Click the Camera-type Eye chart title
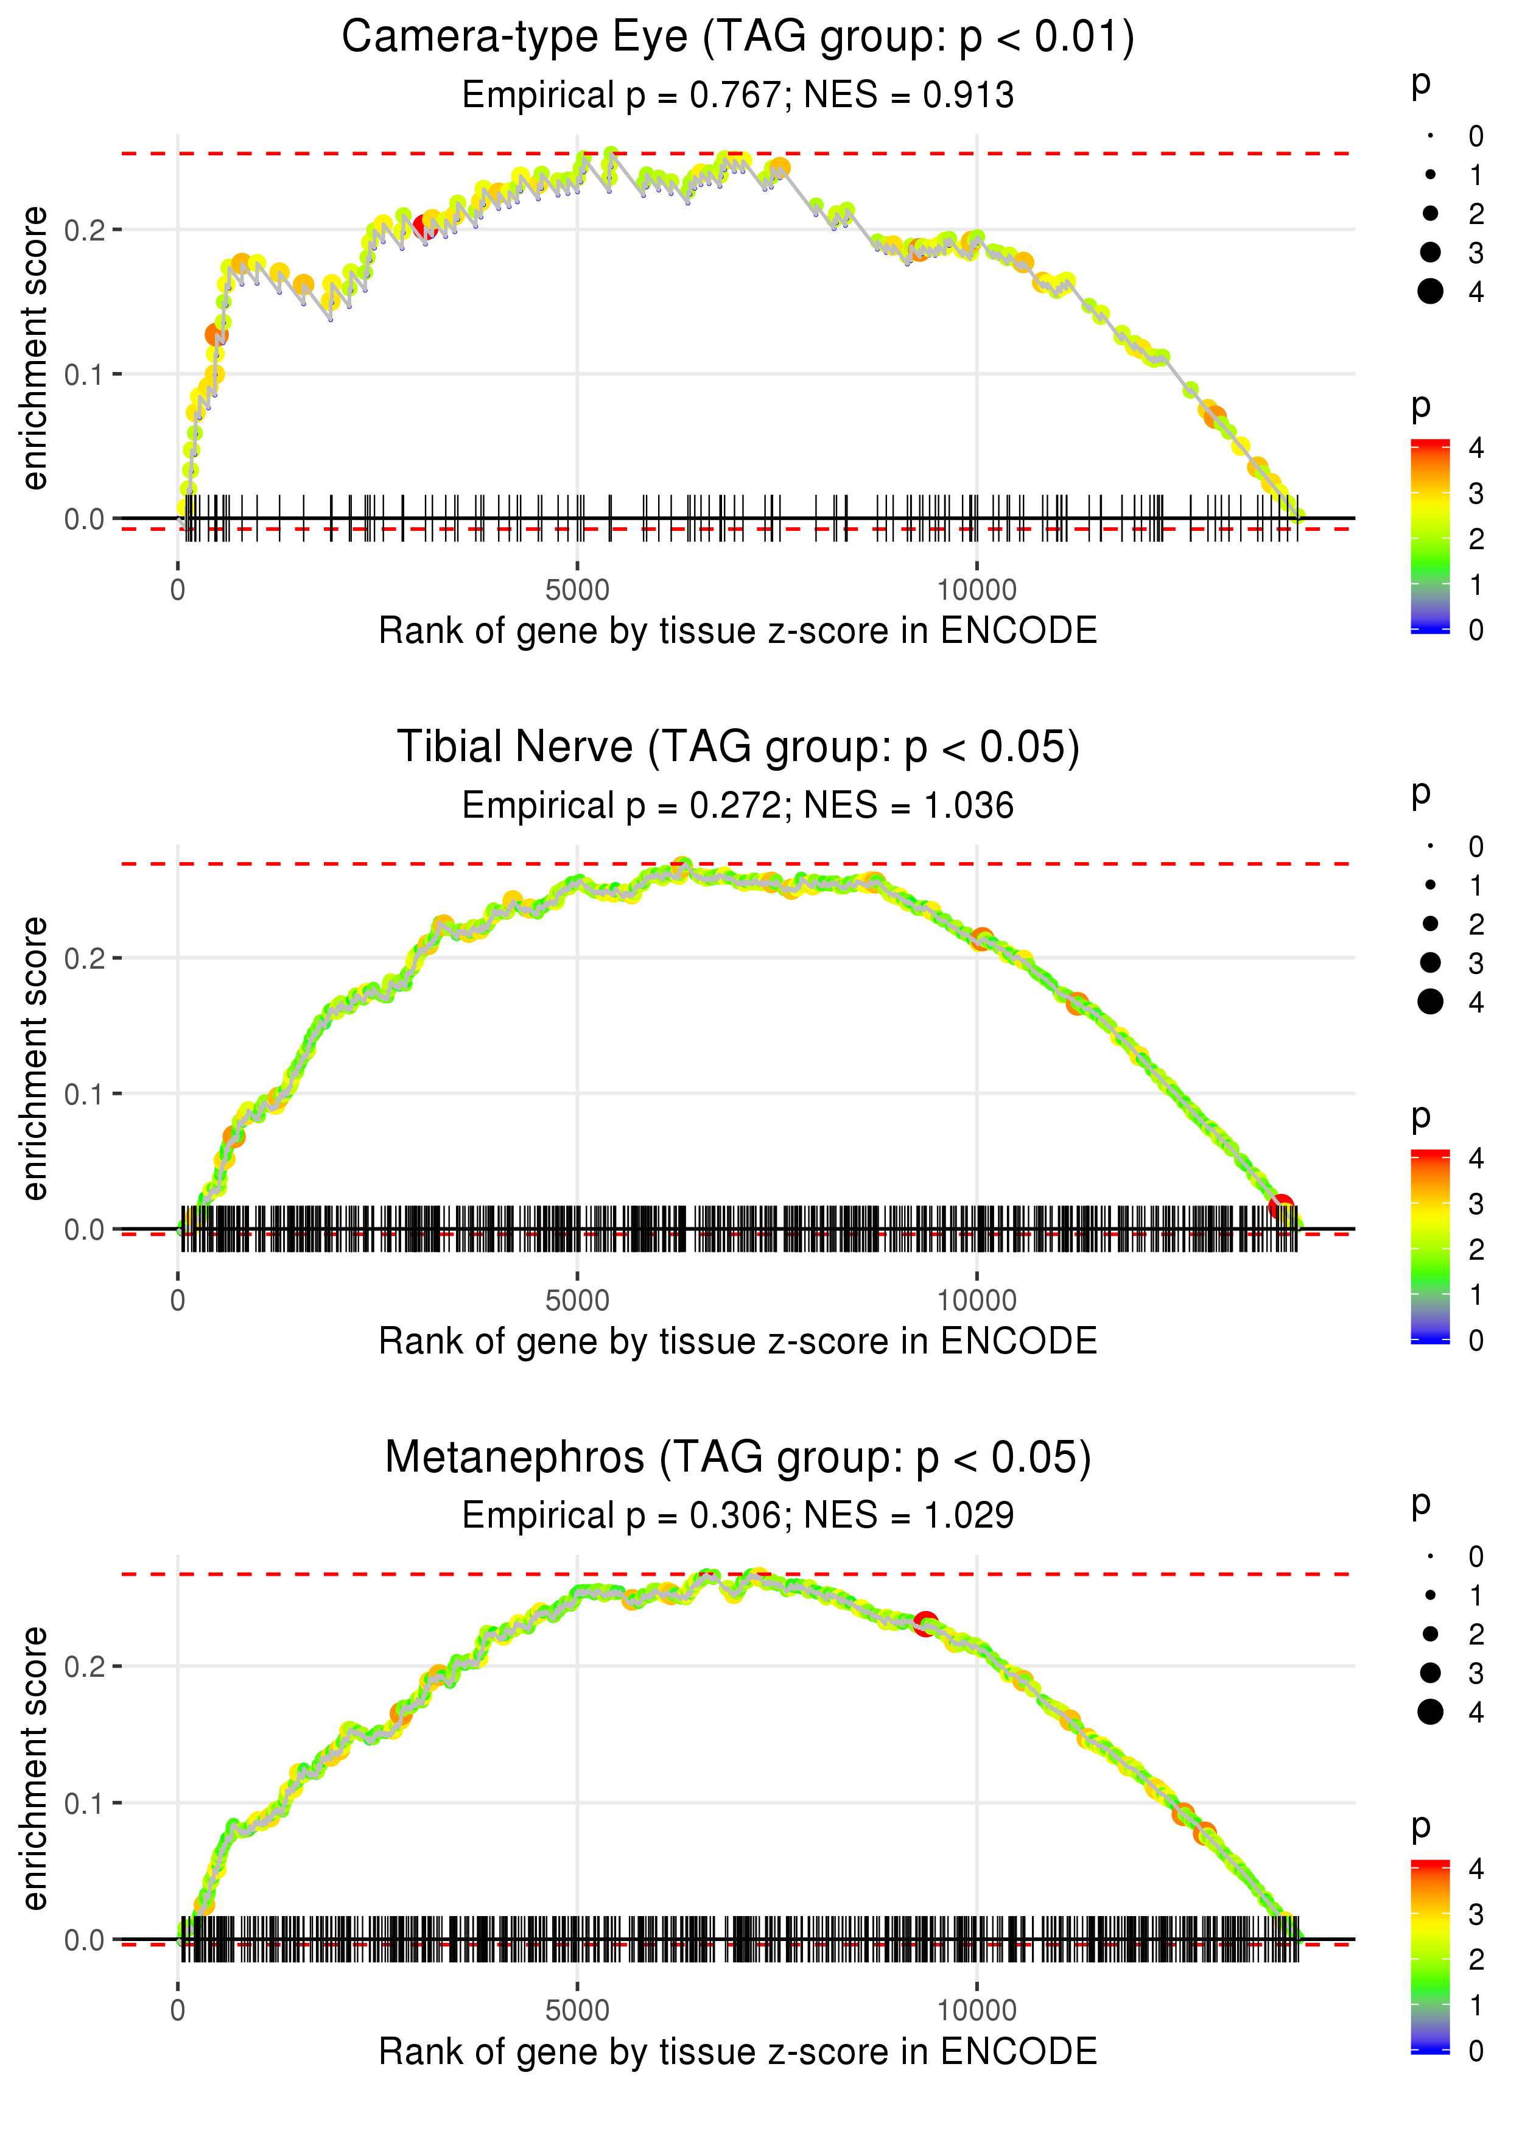click(738, 38)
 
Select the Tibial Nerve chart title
click(738, 748)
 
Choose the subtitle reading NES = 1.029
click(738, 1515)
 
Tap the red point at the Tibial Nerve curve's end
click(1281, 1207)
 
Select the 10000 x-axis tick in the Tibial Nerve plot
click(977, 1300)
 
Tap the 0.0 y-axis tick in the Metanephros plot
click(85, 1939)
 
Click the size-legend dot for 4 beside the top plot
click(1430, 292)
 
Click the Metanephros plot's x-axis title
click(738, 2051)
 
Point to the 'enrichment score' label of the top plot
click(35, 349)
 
